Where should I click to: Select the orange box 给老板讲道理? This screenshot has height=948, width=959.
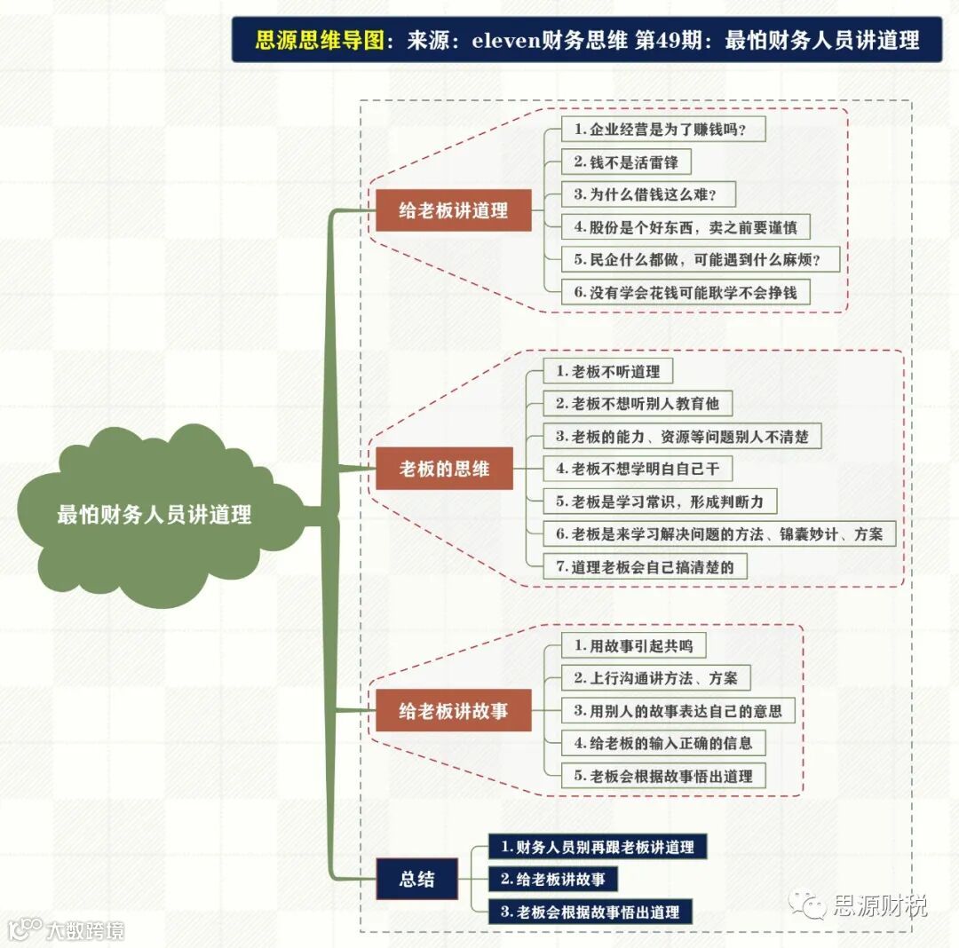(x=453, y=211)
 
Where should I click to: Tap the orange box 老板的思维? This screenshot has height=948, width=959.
(x=444, y=469)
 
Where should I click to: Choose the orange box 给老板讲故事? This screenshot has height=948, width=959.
(x=453, y=711)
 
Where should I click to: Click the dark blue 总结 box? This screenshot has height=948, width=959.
(x=416, y=879)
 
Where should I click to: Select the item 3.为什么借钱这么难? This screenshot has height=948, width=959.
(x=648, y=194)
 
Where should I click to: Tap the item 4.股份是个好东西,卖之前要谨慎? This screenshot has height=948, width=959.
(x=686, y=227)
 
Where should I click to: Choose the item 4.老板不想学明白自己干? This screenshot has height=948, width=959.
(x=638, y=469)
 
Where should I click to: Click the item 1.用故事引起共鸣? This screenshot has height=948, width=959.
(x=633, y=646)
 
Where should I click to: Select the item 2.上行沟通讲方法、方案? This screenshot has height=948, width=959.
(x=655, y=678)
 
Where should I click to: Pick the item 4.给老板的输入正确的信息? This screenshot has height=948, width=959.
(x=663, y=743)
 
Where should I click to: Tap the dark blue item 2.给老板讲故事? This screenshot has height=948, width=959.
(x=552, y=879)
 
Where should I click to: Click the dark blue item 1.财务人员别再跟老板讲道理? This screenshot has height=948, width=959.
(x=597, y=847)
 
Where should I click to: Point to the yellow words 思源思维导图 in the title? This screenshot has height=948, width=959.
(x=321, y=40)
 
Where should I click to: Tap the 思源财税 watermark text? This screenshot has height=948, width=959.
(x=879, y=905)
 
